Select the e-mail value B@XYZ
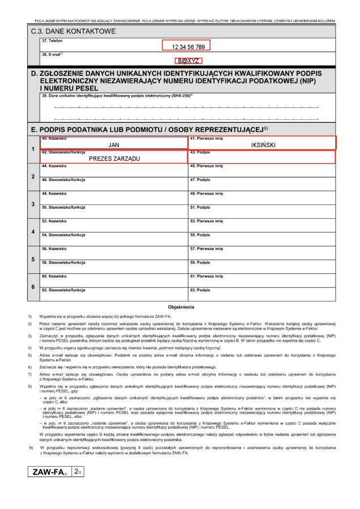point(189,61)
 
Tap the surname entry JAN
point(114,145)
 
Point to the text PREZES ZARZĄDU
point(114,159)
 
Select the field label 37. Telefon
point(52,41)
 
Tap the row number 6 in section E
point(33,287)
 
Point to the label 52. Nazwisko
point(54,221)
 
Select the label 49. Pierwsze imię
point(207,193)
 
